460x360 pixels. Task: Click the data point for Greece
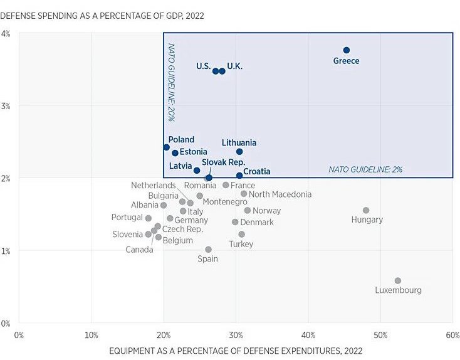[x=347, y=50]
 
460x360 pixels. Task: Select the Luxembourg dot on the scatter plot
[x=398, y=281]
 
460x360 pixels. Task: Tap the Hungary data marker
[x=366, y=211]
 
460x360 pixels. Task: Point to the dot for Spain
[x=208, y=250]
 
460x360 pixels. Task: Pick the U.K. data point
[x=222, y=71]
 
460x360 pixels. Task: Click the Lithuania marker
[x=239, y=152]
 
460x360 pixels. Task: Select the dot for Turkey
[x=241, y=235]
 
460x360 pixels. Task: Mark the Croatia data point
[x=239, y=176]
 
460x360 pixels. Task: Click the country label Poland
[x=181, y=140]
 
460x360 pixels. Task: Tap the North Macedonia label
[x=280, y=194]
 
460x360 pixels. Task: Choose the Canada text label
[x=139, y=250]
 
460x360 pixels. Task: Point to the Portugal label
[x=127, y=218]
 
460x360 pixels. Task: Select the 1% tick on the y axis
[x=6, y=251]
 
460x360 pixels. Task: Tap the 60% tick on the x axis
[x=452, y=336]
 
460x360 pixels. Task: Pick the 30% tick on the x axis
[x=236, y=336]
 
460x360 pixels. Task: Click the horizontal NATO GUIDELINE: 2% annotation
[x=366, y=169]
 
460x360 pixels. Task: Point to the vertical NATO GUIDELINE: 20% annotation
[x=170, y=82]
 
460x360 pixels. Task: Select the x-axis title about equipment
[x=236, y=351]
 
